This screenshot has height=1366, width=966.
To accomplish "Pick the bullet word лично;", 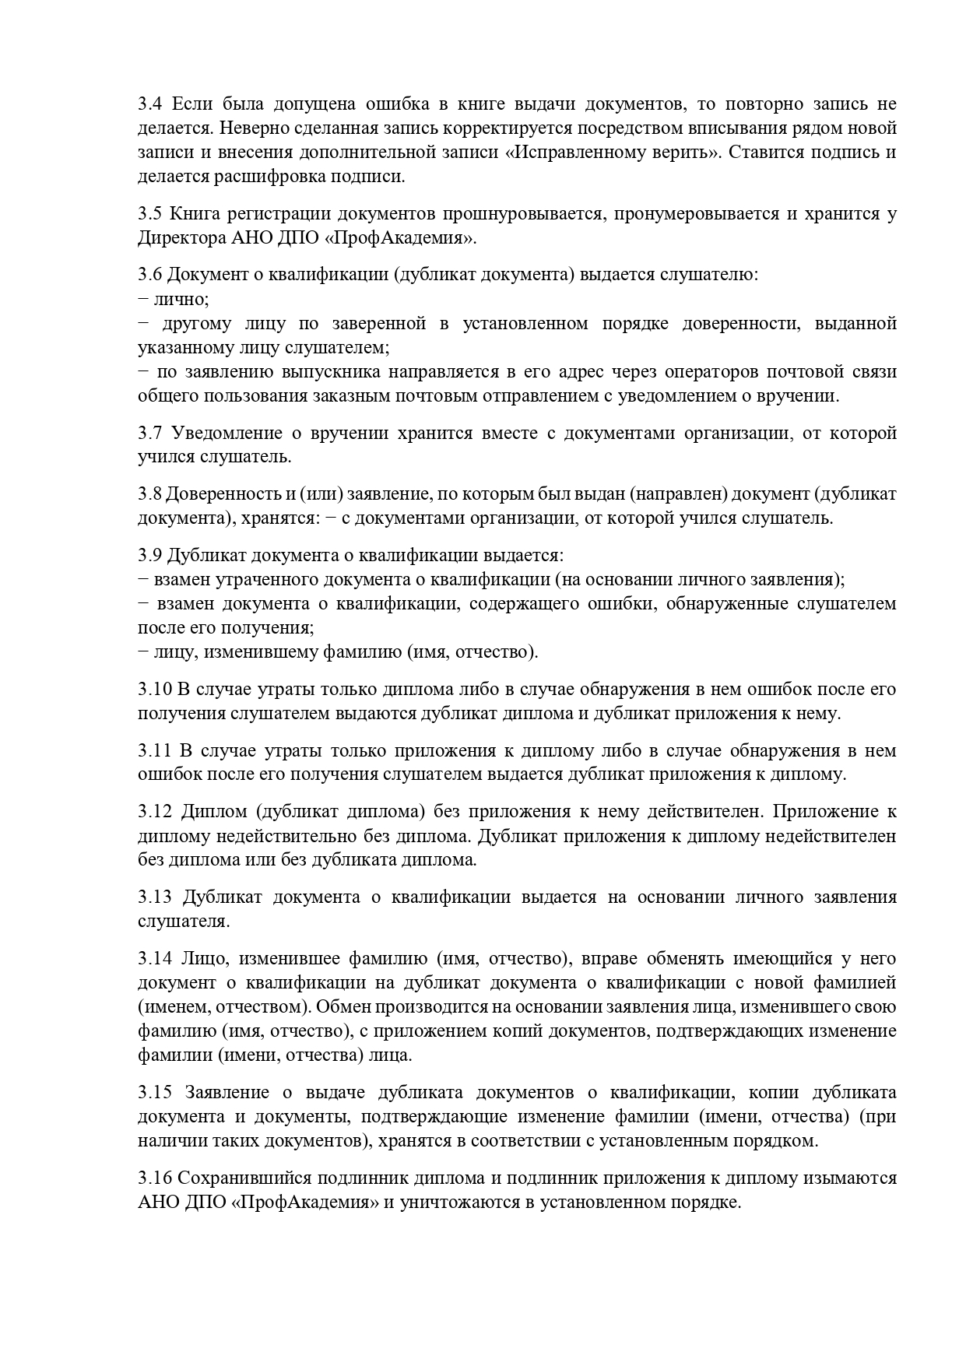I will click(181, 299).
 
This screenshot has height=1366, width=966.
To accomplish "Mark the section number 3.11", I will click(153, 750).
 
